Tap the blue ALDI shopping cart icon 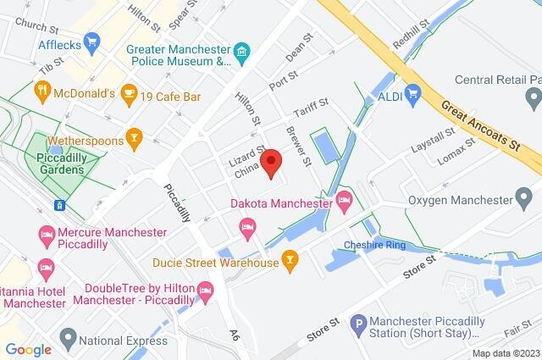tap(413, 92)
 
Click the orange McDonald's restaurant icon tap(41, 89)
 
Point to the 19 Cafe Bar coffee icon tap(129, 91)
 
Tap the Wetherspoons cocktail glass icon tap(133, 136)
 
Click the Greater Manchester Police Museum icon tap(243, 55)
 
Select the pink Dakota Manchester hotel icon tap(343, 202)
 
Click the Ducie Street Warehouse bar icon tap(290, 259)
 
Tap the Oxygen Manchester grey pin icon tap(528, 201)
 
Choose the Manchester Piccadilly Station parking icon tap(359, 322)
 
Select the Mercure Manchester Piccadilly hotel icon tap(43, 232)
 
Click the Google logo tap(28, 349)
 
